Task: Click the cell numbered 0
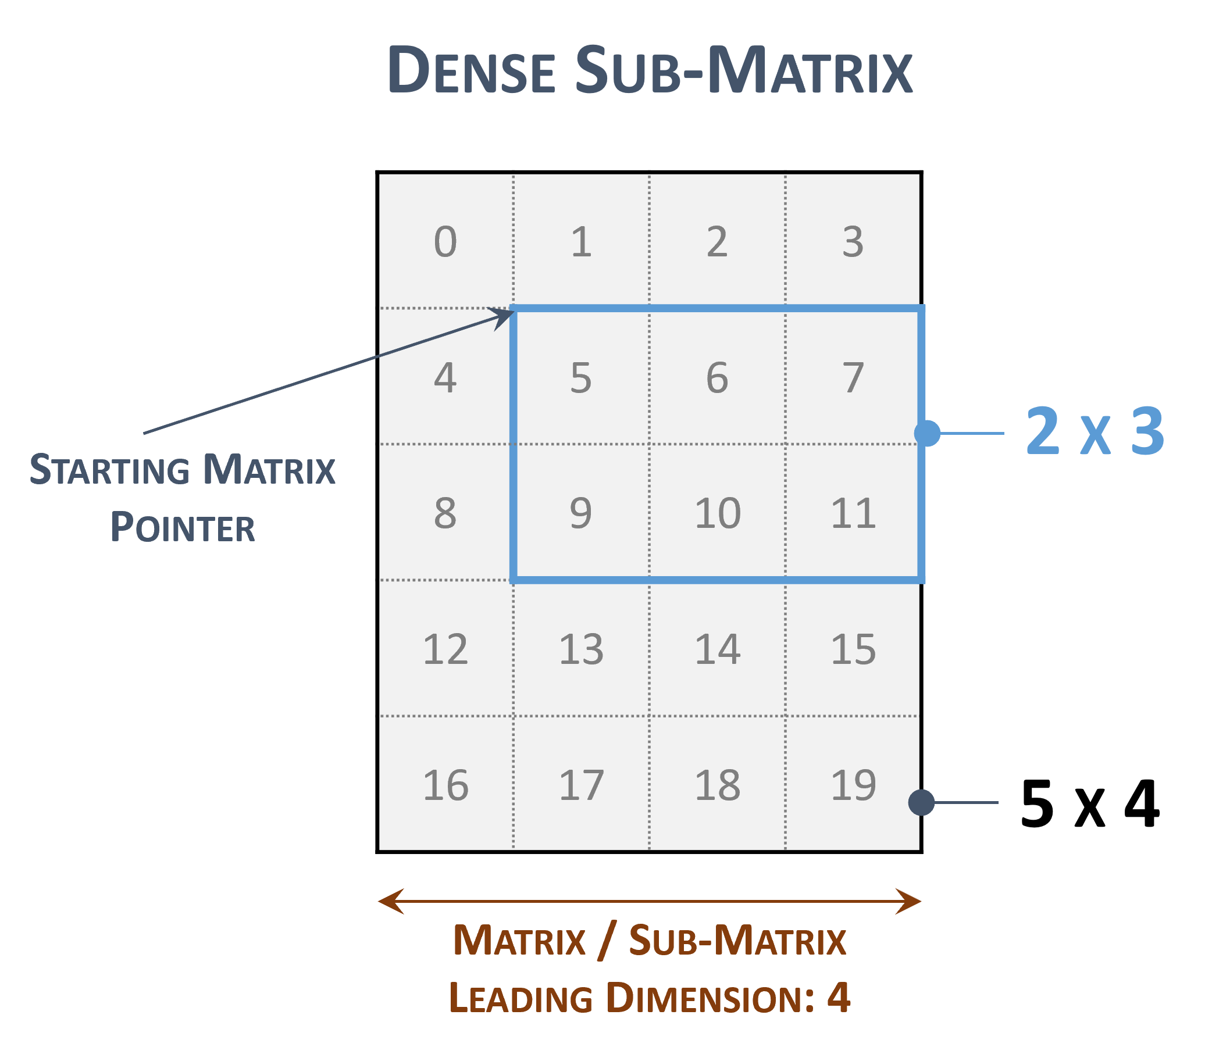[x=445, y=242]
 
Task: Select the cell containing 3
[x=853, y=242]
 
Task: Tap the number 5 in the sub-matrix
[x=580, y=378]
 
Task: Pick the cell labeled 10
[x=717, y=513]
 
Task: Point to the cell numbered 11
[x=853, y=513]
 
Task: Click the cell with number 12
[x=445, y=649]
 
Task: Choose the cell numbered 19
[x=853, y=785]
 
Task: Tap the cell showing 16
[x=445, y=785]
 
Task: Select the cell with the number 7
[x=853, y=378]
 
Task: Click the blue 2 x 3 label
[x=1095, y=433]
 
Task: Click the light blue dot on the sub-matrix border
[x=927, y=434]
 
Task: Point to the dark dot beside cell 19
[x=921, y=802]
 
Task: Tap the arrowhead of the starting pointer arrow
[x=505, y=315]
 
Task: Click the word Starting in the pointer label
[x=109, y=470]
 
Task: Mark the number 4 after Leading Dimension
[x=839, y=998]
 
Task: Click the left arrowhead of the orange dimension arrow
[x=390, y=901]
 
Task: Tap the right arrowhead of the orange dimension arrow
[x=910, y=901]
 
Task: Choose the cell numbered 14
[x=717, y=649]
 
